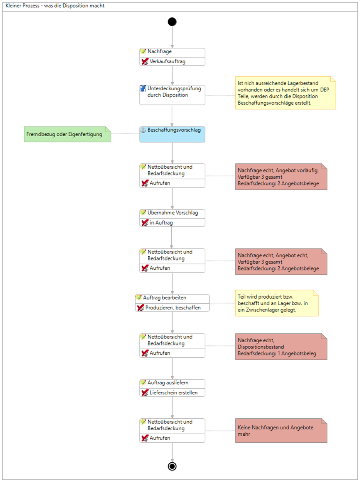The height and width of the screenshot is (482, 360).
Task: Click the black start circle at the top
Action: (x=172, y=22)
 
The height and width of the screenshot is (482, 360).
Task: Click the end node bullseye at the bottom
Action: (x=172, y=466)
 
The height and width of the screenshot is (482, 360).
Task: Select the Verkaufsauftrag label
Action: (x=167, y=61)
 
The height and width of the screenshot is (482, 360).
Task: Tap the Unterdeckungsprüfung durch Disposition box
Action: (x=172, y=95)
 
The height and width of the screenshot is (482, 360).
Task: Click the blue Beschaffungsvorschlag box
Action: (x=172, y=134)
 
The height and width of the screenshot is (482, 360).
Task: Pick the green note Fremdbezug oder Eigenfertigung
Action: (x=68, y=134)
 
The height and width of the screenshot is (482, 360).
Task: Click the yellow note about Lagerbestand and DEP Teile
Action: (x=286, y=93)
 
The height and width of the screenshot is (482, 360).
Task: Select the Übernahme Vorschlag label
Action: (x=172, y=213)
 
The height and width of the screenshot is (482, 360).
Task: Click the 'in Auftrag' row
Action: (x=172, y=223)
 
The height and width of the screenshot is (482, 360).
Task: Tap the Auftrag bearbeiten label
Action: (x=165, y=298)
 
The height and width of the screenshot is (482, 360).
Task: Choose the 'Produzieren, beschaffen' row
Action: (x=172, y=308)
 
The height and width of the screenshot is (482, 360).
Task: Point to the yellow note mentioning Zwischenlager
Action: (x=277, y=303)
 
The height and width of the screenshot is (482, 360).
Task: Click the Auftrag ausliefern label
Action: (x=168, y=382)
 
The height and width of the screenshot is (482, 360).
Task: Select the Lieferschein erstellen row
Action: (x=172, y=392)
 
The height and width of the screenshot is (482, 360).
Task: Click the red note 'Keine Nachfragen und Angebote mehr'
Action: (x=281, y=430)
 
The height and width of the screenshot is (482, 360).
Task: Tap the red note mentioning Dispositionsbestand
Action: (x=281, y=347)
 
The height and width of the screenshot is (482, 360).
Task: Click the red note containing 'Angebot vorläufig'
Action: (x=281, y=177)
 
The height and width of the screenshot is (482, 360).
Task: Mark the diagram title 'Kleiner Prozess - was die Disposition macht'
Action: (x=55, y=6)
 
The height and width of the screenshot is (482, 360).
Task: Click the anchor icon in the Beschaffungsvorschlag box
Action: (x=143, y=130)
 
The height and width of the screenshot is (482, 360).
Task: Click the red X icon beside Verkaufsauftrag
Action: (x=145, y=61)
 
